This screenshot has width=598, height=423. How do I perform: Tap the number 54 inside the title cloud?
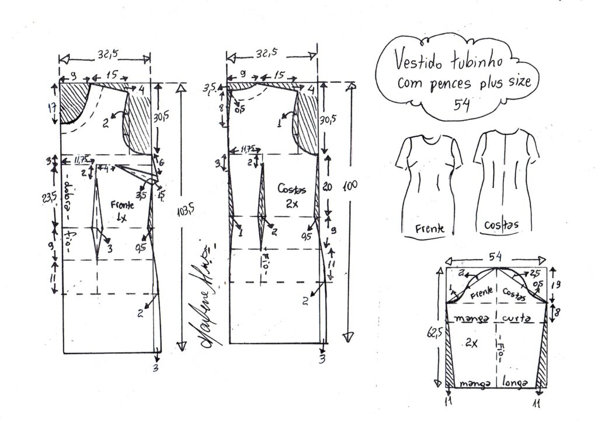coord(464,103)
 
